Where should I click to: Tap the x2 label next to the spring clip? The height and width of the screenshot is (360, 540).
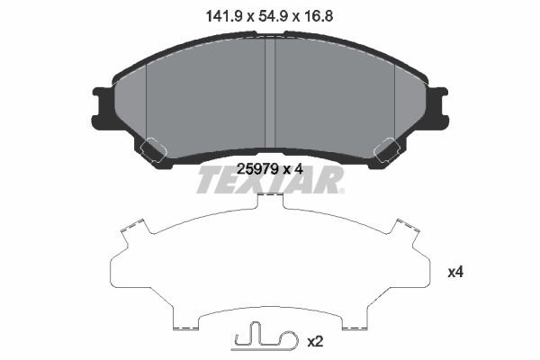coord(315,342)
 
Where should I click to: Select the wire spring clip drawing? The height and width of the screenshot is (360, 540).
coord(264,339)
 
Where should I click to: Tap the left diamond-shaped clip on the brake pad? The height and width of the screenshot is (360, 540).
coord(150,149)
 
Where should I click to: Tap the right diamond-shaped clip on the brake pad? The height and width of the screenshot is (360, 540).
coord(389,149)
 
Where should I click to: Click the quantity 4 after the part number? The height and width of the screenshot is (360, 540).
coord(296,167)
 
